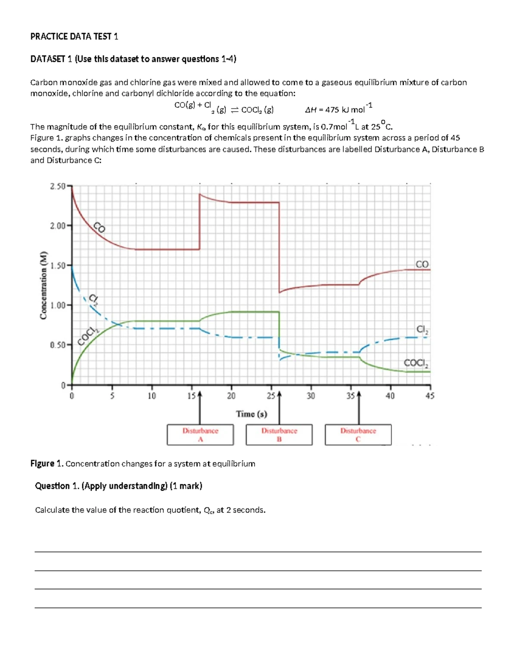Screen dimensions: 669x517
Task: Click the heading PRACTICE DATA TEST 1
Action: click(x=74, y=37)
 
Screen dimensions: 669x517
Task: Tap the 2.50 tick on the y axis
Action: click(x=58, y=186)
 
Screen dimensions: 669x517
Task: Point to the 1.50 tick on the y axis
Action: click(x=58, y=265)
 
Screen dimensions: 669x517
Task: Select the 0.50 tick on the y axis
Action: click(x=58, y=345)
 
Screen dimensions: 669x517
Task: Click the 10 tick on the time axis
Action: click(x=152, y=395)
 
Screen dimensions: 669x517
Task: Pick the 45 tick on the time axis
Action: click(x=430, y=395)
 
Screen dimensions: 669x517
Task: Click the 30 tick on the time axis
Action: click(x=311, y=395)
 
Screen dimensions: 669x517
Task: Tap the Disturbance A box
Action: click(x=200, y=435)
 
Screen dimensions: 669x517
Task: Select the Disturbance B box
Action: click(x=279, y=435)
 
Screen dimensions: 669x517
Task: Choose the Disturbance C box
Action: click(x=358, y=435)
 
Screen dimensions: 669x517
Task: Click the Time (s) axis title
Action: click(x=252, y=414)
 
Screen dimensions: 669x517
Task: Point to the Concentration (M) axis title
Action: click(x=43, y=285)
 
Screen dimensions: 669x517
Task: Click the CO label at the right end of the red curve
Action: click(x=422, y=264)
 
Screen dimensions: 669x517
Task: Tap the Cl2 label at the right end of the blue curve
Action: click(x=422, y=330)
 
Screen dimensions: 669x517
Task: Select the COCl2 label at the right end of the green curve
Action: click(x=416, y=363)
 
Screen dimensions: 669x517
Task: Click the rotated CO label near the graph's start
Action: click(x=100, y=227)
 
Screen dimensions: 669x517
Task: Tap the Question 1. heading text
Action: click(x=57, y=486)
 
